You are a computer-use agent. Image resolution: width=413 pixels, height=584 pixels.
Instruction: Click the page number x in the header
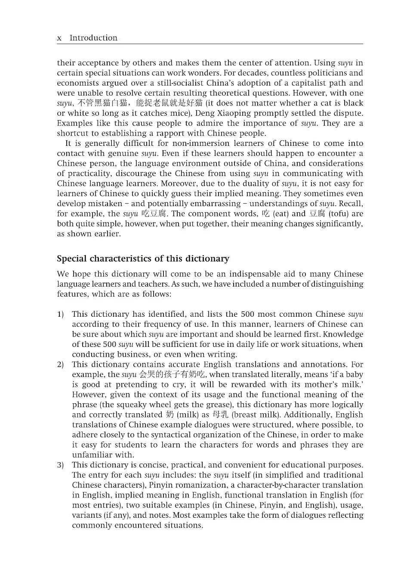pos(59,38)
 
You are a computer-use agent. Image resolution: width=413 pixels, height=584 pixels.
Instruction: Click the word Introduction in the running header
pos(93,38)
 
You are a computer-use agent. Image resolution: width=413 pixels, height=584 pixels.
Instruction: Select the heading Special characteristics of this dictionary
pos(143,259)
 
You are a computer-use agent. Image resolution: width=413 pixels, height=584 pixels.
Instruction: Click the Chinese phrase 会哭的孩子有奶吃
pos(172,374)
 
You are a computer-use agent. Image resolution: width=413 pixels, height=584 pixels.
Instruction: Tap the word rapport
pos(170,133)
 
